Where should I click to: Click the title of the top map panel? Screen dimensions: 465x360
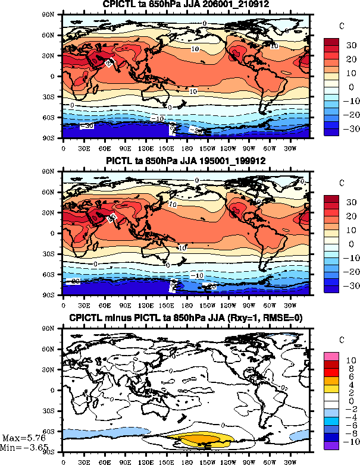(186, 5)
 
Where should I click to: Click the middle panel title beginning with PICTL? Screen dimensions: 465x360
(186, 161)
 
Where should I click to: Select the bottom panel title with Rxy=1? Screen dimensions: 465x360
(186, 319)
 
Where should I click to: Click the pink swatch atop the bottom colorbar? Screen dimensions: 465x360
(332, 356)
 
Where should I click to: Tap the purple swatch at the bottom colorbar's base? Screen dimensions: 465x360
(332, 446)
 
